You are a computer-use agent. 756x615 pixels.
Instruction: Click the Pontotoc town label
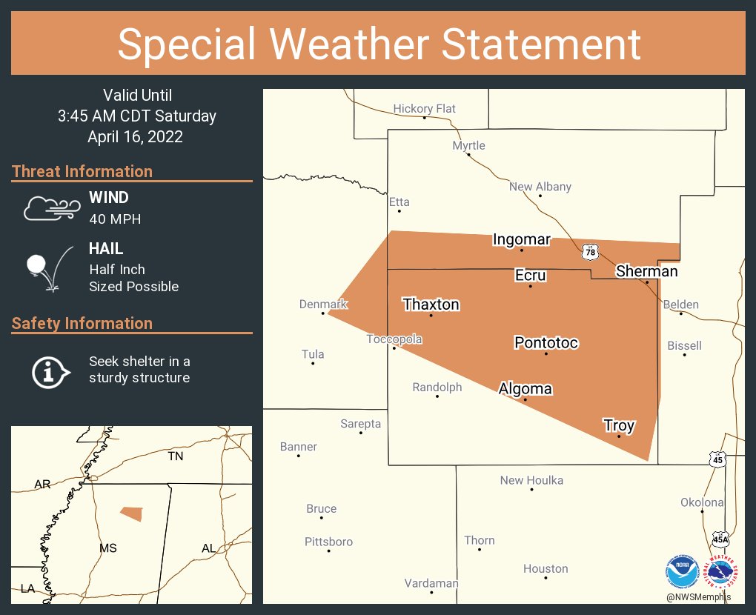pos(546,343)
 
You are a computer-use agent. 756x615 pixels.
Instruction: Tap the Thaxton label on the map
pos(431,305)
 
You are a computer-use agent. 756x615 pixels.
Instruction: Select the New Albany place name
pos(540,187)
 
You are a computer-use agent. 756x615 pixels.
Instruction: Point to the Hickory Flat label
pos(425,109)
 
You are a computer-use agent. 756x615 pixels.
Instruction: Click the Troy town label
pos(619,425)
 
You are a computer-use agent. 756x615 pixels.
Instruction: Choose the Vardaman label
pos(431,583)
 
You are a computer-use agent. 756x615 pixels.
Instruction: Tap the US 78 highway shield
pos(590,252)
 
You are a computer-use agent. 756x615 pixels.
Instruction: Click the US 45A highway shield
pos(720,538)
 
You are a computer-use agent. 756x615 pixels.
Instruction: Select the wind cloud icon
pos(50,208)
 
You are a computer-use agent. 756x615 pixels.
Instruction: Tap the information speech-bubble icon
pos(50,370)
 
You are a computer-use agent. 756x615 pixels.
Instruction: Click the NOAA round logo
pos(682,571)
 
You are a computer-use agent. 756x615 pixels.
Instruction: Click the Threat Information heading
pos(82,171)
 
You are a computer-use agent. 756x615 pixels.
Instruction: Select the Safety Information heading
pos(82,323)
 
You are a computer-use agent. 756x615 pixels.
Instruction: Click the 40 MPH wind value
pos(115,219)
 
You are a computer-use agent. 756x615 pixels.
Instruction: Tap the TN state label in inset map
pos(175,456)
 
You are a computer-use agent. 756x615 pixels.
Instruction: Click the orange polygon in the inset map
pos(131,513)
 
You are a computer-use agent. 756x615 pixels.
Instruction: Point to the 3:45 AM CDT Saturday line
pos(137,116)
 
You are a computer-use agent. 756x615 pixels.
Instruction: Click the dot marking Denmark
pos(323,313)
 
